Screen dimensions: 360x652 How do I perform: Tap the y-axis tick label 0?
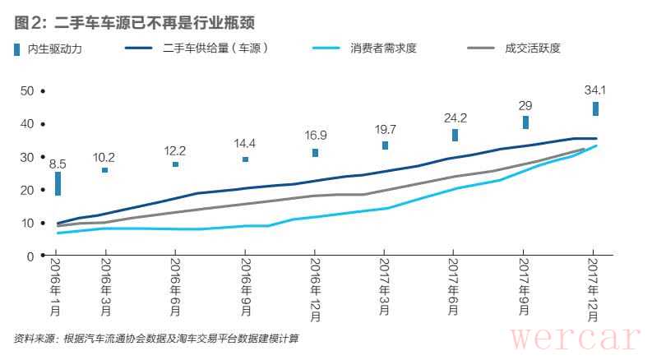pos(30,256)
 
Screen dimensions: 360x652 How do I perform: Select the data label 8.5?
pos(58,164)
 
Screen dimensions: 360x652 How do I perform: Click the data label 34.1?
pos(595,90)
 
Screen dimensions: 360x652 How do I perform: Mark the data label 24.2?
pos(455,118)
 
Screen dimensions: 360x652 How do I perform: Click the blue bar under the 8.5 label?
pos(58,183)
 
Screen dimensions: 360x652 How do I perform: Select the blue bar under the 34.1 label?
pos(595,108)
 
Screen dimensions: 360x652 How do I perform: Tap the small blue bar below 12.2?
pos(175,164)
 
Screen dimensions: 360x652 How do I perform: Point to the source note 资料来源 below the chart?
pos(155,338)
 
